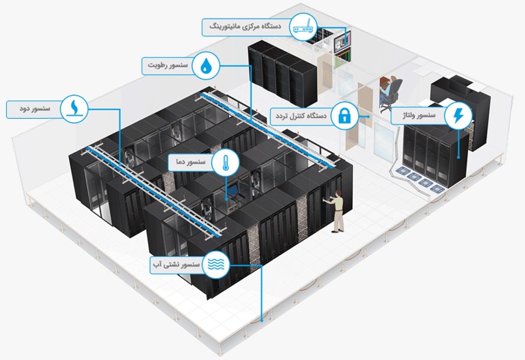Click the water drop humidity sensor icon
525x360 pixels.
[208, 66]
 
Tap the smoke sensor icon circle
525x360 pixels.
[73, 108]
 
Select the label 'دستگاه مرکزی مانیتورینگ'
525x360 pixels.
[245, 27]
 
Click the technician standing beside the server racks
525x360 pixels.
[338, 210]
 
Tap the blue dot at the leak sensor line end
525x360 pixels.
[263, 319]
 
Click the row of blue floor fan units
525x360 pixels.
[423, 181]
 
